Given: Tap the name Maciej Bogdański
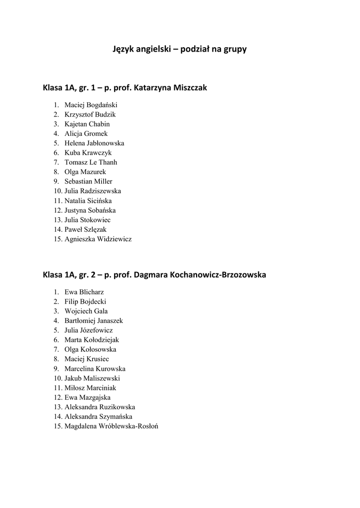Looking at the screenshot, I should click(91, 105).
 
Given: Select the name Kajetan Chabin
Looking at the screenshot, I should click(87, 124).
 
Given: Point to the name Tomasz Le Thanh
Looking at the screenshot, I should click(91, 162).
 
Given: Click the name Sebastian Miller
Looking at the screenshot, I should click(88, 182).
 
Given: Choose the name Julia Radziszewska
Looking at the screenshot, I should click(93, 191).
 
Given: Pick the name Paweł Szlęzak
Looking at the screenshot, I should click(85, 229).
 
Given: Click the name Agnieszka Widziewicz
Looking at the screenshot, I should click(98, 239).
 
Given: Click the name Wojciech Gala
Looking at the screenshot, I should click(86, 311).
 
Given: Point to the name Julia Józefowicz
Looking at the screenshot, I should click(88, 330).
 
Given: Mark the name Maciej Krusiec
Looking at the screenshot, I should click(87, 359).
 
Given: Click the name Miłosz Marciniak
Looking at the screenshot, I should click(90, 388).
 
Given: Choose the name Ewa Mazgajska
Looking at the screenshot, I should click(87, 397).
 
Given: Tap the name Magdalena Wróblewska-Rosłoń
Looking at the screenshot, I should click(111, 426).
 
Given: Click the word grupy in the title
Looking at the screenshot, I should click(234, 50).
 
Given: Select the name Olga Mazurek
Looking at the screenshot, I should click(85, 172).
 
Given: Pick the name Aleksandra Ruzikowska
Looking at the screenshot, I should click(99, 407).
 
